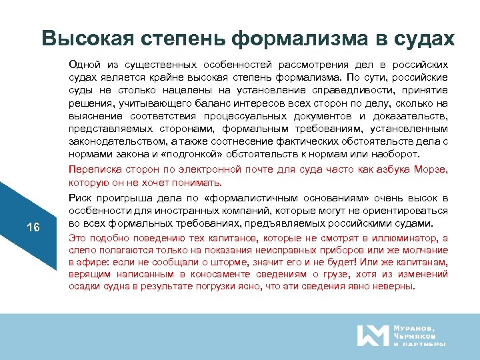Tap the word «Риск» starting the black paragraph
[79, 198]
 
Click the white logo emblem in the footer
[372, 335]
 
